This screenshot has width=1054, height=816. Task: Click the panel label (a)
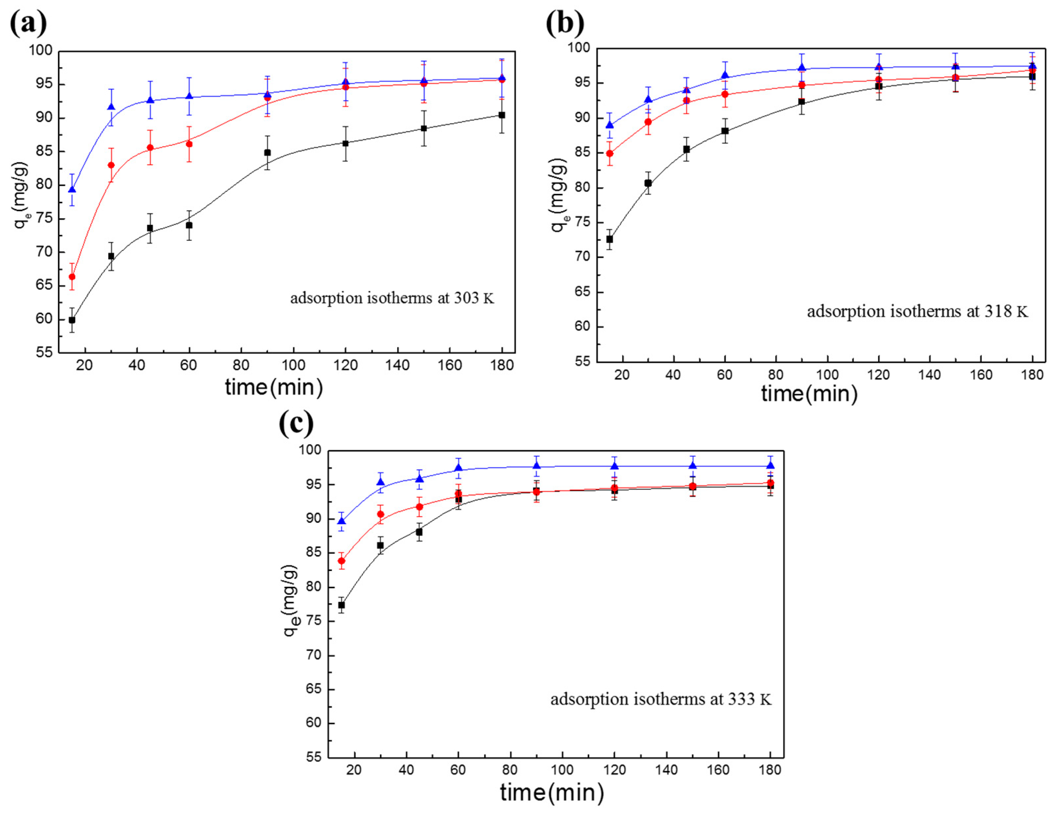point(28,23)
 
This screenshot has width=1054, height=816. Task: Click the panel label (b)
point(565,23)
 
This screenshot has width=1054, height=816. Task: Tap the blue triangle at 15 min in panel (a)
point(72,189)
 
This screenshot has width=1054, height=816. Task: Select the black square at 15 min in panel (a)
point(72,320)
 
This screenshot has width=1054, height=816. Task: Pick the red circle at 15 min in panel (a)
point(72,276)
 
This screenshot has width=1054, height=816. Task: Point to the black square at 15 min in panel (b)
point(609,239)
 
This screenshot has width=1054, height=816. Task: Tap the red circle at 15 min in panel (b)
point(609,153)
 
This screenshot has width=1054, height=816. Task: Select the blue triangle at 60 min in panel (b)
point(725,75)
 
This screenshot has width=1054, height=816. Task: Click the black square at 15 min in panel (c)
point(341,605)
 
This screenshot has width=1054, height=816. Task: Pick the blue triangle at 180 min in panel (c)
point(770,465)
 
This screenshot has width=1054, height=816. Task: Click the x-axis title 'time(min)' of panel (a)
point(274,387)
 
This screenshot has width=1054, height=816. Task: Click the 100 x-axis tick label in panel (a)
point(293,365)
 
